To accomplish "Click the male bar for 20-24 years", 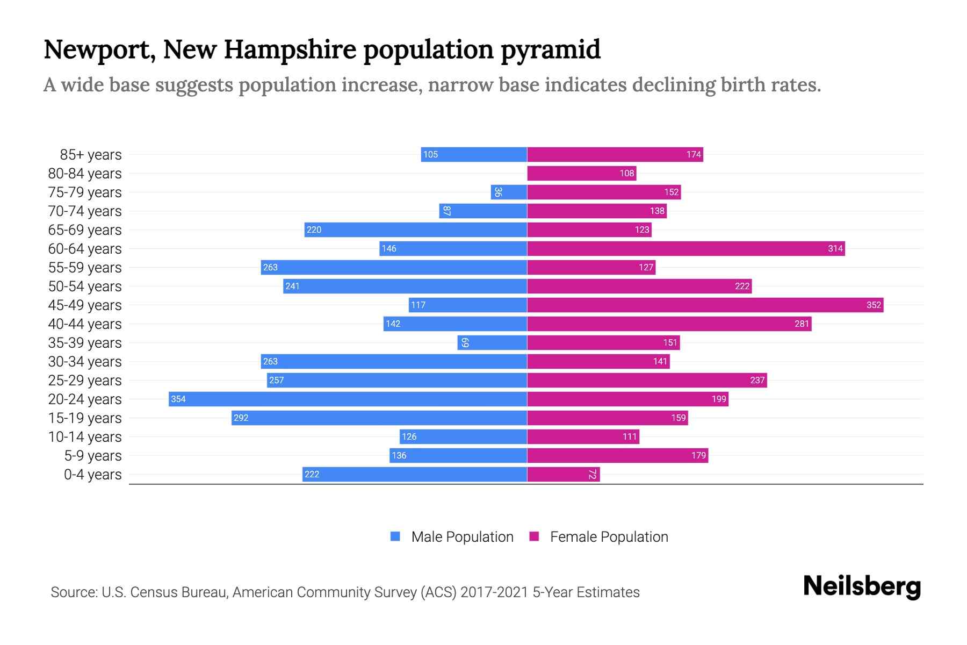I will [x=348, y=399].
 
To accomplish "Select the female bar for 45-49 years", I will [x=705, y=305].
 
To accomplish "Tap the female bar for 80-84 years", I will [x=581, y=173].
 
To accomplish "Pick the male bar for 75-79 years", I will [x=509, y=192].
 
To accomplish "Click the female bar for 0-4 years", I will [x=563, y=474].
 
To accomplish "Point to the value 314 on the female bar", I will [x=835, y=248].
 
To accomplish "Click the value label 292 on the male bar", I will [x=241, y=418].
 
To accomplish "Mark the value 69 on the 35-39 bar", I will [x=465, y=342].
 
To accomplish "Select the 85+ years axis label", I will [x=90, y=155].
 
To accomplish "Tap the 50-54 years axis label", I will [x=85, y=286].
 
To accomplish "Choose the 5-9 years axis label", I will [x=92, y=456].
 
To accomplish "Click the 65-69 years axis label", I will [x=85, y=230].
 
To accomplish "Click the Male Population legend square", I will [x=395, y=536].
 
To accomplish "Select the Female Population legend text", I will [x=609, y=536].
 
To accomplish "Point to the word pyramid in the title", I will [x=551, y=49].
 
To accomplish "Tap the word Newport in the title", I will [x=99, y=49].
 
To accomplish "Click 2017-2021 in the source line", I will [x=494, y=592].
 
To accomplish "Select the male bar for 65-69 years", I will [x=415, y=230].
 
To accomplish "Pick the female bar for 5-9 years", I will [x=617, y=455].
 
